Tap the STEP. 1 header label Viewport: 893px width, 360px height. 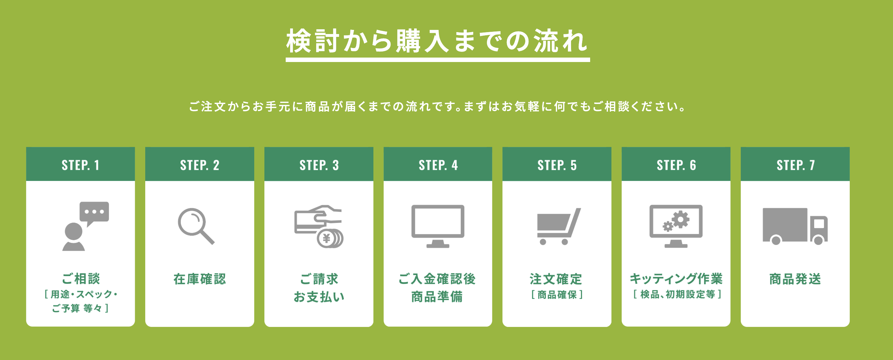[80, 165]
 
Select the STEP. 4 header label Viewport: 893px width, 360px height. [438, 165]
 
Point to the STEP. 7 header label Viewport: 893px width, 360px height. [795, 165]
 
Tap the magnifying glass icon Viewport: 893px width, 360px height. [196, 226]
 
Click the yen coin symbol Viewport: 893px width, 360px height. [326, 239]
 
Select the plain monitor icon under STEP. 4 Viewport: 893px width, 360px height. [438, 226]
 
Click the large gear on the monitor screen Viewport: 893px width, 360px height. [681, 219]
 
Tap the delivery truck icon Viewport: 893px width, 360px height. [795, 226]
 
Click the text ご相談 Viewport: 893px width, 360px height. [81, 279]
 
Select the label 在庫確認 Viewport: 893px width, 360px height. [200, 279]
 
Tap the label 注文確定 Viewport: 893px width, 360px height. [556, 279]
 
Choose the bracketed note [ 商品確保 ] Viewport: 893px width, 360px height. [557, 294]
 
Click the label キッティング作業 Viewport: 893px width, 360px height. [676, 279]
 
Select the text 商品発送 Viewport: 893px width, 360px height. [795, 279]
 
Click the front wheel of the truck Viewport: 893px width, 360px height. [818, 240]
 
